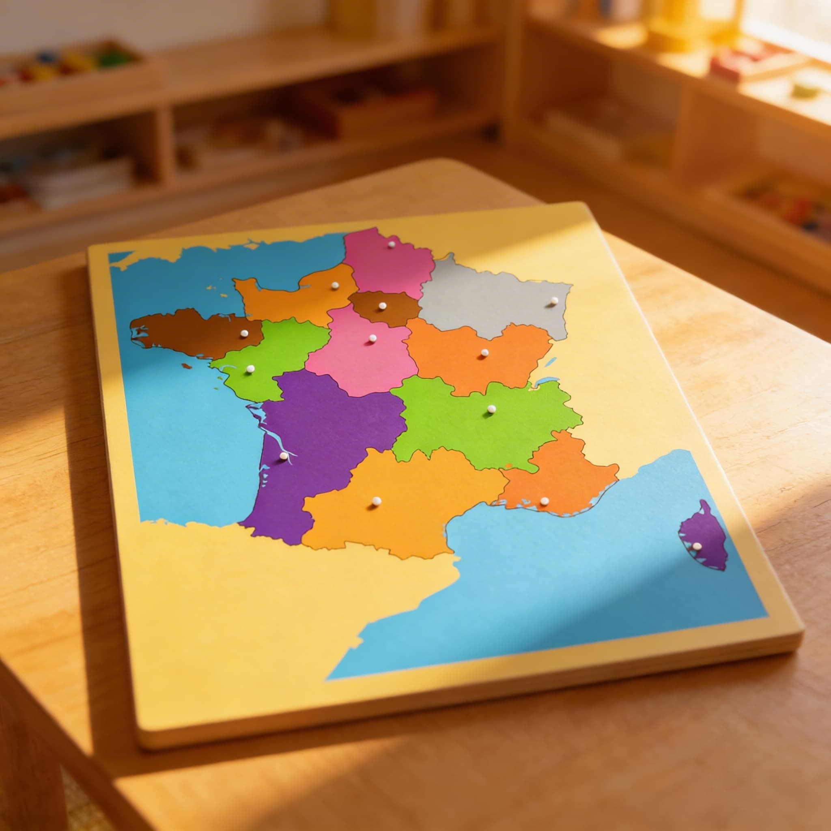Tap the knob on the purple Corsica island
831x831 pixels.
[697, 546]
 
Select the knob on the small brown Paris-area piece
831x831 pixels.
[382, 306]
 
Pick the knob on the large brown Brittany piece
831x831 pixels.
[244, 334]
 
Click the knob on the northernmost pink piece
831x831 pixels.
[391, 244]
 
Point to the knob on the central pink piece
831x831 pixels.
[372, 338]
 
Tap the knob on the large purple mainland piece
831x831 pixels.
[284, 456]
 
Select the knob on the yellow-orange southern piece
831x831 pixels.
[377, 501]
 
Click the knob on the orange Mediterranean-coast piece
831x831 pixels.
[545, 501]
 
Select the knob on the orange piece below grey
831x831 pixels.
[484, 353]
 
